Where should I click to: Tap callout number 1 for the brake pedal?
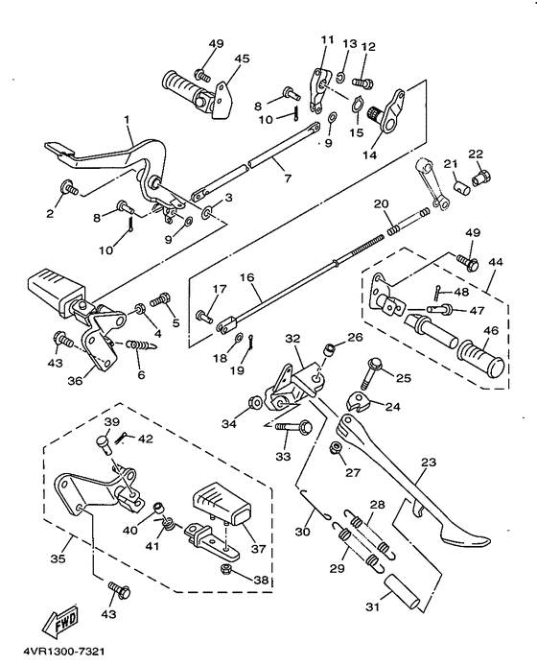click(127, 120)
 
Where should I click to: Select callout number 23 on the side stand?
click(429, 462)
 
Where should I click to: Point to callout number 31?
click(373, 607)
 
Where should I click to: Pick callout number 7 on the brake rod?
click(288, 178)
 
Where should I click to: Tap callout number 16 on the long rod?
click(247, 277)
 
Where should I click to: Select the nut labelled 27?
click(337, 447)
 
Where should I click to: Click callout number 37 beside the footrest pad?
click(258, 549)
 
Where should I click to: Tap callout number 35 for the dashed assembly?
click(58, 558)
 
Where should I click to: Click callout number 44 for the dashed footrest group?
click(496, 262)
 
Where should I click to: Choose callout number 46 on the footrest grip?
click(491, 330)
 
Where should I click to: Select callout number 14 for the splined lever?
click(369, 155)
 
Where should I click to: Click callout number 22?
click(476, 154)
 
